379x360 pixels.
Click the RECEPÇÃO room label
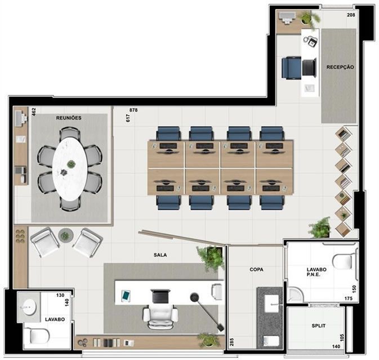pos(340,67)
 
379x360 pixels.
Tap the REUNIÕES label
pos(69,118)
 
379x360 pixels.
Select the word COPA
pos(256,269)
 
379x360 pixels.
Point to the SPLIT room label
pos(319,326)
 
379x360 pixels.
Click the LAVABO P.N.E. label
pos(316,272)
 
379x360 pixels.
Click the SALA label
pos(160,255)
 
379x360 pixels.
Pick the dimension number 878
pos(133,110)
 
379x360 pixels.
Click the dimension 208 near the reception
pos(351,15)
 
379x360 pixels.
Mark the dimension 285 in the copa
pos(231,342)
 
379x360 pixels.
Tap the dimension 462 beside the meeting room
pos(34,112)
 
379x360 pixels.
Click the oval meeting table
pos(70,169)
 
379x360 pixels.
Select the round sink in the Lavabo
pos(28,307)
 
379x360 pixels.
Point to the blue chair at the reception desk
pos(292,68)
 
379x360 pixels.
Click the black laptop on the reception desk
pos(309,67)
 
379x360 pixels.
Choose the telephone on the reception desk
pos(310,41)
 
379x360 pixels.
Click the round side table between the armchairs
pos(65,235)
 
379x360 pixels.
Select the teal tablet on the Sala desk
pos(126,295)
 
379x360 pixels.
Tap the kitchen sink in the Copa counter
pos(271,304)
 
